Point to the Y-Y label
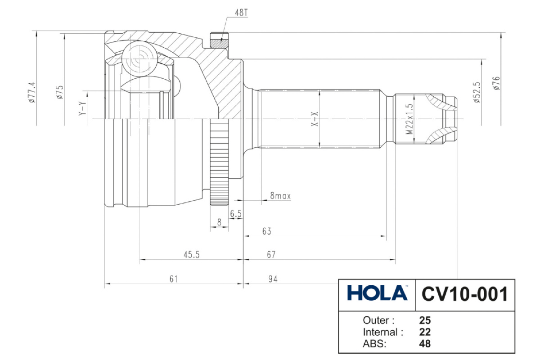[82, 108]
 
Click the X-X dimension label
[315, 119]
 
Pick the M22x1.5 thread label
[409, 120]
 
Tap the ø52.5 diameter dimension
[477, 93]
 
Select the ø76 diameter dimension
[496, 84]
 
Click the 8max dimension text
[280, 196]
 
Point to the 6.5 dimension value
[236, 214]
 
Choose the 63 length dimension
[267, 231]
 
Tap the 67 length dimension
[270, 255]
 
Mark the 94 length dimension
[273, 279]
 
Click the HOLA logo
[377, 293]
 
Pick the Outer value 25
[425, 321]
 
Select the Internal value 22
[425, 333]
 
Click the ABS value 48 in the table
[425, 344]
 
